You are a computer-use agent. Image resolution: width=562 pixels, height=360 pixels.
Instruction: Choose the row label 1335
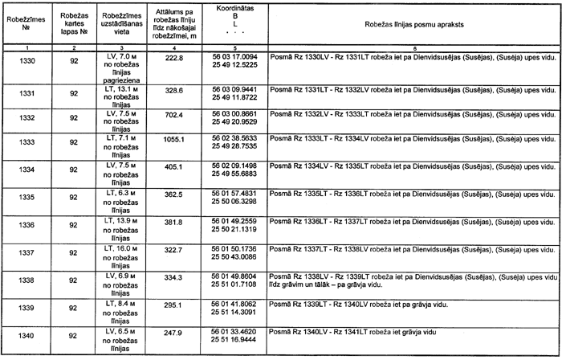[x=26, y=196]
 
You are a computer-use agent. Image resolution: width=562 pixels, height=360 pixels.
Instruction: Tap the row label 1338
[x=26, y=280]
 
